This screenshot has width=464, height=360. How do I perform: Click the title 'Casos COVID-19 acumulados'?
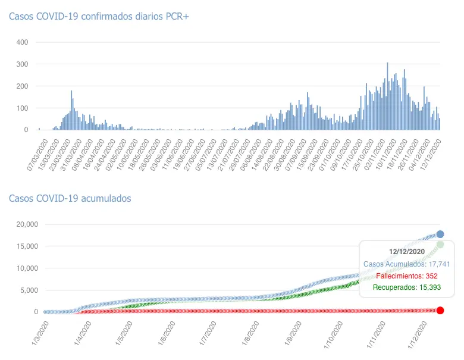tap(70, 198)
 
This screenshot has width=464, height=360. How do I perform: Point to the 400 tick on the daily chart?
tap(21, 42)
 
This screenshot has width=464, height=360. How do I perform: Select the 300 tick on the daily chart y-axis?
tap(21, 64)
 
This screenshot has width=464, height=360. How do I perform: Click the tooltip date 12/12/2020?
tap(407, 252)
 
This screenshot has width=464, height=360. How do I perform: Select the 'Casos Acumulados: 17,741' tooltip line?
tap(406, 264)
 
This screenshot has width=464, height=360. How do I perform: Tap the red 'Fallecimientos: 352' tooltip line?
tap(406, 276)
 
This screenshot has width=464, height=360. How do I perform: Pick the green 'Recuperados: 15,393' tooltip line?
tap(406, 288)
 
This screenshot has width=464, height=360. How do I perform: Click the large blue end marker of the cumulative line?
tap(440, 234)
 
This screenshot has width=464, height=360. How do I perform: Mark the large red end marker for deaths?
tap(440, 310)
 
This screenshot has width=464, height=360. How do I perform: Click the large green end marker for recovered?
tap(440, 245)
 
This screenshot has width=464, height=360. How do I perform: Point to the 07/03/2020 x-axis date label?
tap(39, 156)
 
